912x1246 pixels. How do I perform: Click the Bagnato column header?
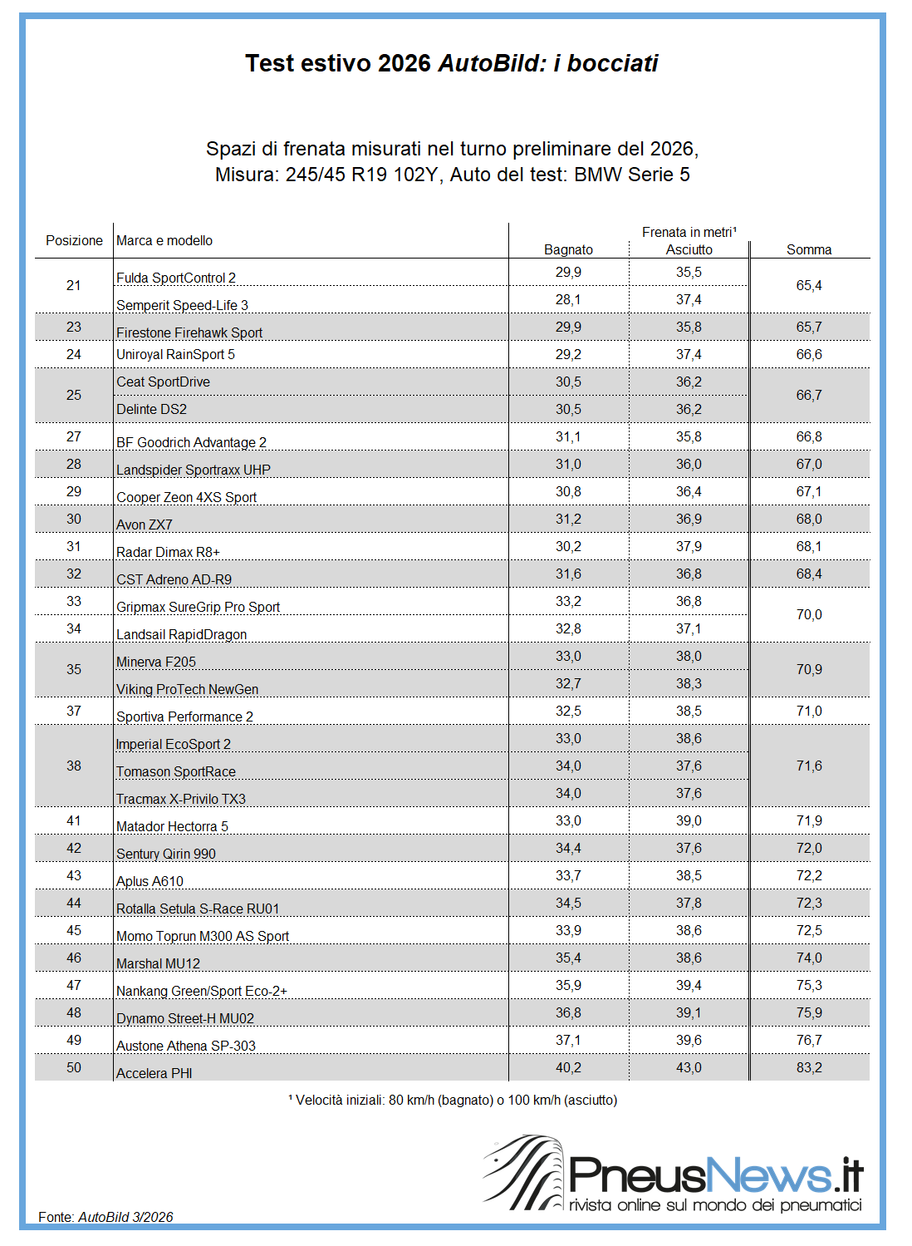(x=568, y=249)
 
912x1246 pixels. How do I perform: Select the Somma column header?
(x=809, y=249)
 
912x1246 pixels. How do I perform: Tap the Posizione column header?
(x=74, y=240)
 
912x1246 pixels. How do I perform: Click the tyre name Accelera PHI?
(x=154, y=1073)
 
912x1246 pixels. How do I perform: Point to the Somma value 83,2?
(x=809, y=1067)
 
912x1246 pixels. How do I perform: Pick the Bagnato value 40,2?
(x=568, y=1067)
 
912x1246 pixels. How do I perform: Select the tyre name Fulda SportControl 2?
(x=176, y=278)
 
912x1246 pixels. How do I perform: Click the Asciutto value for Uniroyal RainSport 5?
(x=689, y=354)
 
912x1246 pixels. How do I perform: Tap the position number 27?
(x=74, y=436)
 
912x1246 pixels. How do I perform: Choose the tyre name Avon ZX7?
(x=145, y=525)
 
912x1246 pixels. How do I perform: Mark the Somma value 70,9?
(x=809, y=669)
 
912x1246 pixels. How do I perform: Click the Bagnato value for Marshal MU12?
(x=568, y=958)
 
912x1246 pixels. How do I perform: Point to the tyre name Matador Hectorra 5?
(x=172, y=826)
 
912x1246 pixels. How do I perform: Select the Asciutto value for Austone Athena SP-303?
(x=689, y=1040)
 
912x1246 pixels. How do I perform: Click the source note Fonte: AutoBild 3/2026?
(x=105, y=1217)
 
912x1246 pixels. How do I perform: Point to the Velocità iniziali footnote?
(x=454, y=1100)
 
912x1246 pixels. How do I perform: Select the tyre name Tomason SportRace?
(x=176, y=771)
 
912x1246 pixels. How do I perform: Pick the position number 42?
(x=74, y=848)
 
